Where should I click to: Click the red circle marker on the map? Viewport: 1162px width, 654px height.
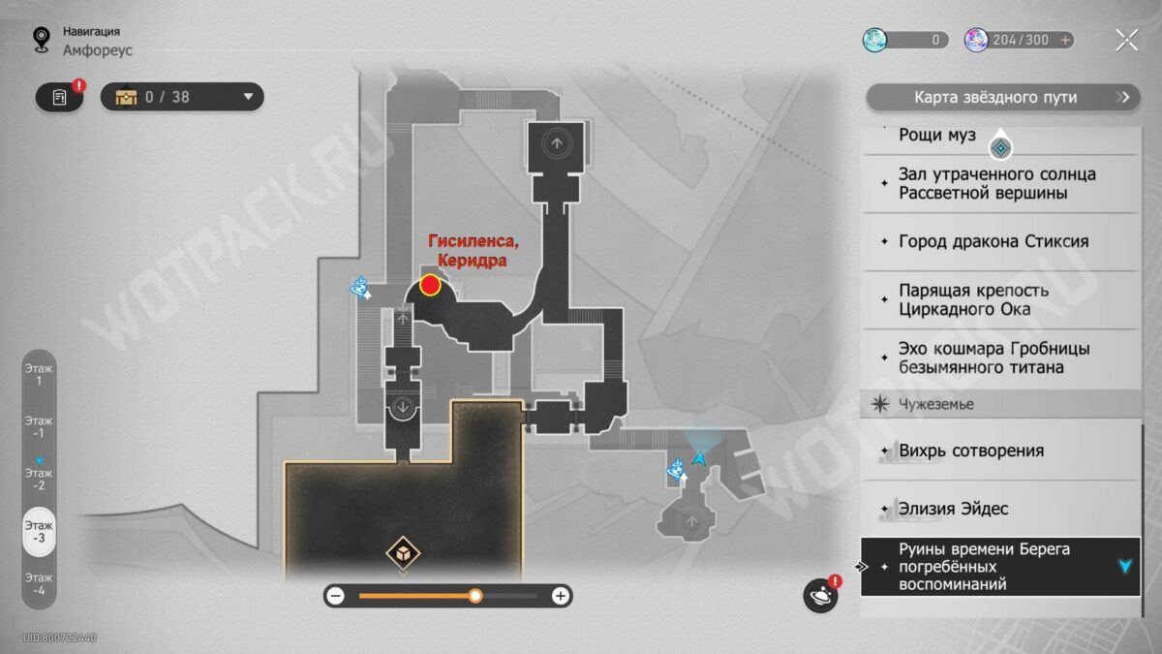(430, 285)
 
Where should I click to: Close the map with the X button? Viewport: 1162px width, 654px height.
(1126, 40)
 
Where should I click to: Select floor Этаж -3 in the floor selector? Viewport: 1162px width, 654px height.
(40, 531)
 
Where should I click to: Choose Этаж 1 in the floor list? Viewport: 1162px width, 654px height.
(40, 375)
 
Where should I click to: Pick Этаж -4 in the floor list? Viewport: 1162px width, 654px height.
(40, 583)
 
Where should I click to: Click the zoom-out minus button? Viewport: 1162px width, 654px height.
(335, 596)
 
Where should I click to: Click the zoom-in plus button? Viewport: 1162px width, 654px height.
(560, 596)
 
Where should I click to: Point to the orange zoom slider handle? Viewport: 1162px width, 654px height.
(475, 596)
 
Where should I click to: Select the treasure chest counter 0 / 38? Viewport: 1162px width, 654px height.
(182, 97)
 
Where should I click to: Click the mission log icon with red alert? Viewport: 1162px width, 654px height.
(60, 97)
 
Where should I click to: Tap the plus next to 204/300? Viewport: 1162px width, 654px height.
(1066, 40)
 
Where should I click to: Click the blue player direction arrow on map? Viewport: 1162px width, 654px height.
(697, 457)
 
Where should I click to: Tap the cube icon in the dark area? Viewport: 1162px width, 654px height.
(402, 553)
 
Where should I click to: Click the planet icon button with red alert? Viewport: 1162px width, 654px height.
(820, 595)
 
